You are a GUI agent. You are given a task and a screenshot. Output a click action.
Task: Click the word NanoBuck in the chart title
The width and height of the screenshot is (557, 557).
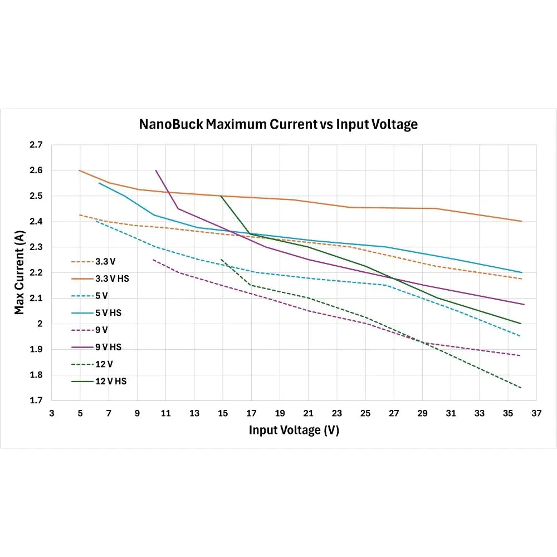(x=171, y=124)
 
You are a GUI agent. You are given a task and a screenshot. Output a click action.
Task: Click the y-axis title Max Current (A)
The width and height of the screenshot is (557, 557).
(x=20, y=272)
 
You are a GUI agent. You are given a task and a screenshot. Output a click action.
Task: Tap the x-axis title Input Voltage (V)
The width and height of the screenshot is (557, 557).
(x=294, y=430)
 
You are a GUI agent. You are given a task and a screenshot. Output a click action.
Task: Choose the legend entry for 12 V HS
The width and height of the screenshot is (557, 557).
(x=108, y=382)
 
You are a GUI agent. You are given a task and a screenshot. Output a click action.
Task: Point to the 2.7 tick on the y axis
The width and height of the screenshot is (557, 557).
(x=36, y=145)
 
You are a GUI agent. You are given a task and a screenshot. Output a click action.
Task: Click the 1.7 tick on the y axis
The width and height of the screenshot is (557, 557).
(x=36, y=400)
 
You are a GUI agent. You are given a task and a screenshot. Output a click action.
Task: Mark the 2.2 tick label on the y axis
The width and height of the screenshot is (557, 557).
(x=36, y=272)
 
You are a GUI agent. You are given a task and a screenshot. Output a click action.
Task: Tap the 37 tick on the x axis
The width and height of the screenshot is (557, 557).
(x=536, y=413)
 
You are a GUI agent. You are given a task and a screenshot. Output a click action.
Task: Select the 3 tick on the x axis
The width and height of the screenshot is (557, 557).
(x=52, y=413)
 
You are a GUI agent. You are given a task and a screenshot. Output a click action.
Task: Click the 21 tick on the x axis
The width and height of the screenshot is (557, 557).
(x=308, y=413)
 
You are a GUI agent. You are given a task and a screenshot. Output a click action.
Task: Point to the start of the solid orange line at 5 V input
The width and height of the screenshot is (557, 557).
(x=80, y=170)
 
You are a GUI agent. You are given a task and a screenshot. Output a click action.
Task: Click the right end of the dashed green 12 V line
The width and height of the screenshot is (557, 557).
(x=521, y=388)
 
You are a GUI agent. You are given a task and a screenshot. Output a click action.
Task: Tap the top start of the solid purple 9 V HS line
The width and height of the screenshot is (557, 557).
(x=155, y=170)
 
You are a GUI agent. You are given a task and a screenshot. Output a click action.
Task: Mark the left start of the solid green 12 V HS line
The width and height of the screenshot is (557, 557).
(x=221, y=196)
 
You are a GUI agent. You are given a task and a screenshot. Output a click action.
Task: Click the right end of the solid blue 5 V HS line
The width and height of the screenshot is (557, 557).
(x=521, y=272)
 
